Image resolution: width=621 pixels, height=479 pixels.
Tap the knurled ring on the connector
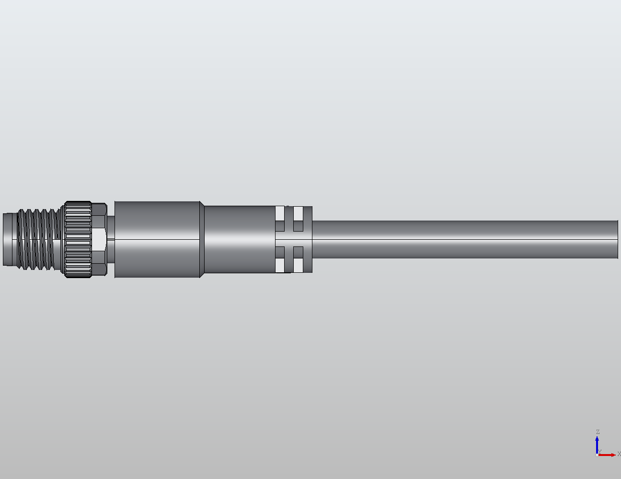(78, 239)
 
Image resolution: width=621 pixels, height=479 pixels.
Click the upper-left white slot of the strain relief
(280, 213)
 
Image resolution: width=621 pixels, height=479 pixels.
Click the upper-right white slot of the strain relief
(298, 213)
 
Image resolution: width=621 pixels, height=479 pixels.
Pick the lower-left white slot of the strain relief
(280, 265)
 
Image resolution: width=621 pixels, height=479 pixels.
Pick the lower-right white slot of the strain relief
(298, 265)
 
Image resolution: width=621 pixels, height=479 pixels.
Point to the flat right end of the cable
(618, 239)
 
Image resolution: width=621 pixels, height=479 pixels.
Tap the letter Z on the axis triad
(598, 432)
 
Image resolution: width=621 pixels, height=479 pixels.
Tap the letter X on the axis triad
(619, 454)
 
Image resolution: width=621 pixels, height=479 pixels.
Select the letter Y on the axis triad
(599, 451)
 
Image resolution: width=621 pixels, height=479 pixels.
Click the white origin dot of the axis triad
(597, 455)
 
